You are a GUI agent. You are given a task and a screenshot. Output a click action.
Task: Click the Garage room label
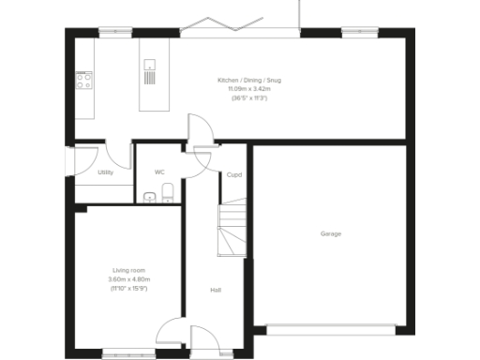(x=330, y=233)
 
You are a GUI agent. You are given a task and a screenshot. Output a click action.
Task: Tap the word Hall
(x=216, y=290)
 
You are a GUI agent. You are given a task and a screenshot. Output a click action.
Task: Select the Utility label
(x=105, y=172)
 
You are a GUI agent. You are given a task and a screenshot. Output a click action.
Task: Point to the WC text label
(x=159, y=172)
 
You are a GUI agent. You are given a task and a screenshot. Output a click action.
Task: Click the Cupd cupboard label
(x=234, y=174)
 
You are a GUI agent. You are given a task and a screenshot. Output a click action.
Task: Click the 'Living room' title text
(x=128, y=271)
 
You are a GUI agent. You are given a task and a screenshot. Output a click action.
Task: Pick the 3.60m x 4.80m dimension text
(x=128, y=279)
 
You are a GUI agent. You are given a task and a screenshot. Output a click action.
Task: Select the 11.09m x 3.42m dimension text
(x=249, y=89)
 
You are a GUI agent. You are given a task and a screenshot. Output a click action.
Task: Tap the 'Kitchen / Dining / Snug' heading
(x=249, y=81)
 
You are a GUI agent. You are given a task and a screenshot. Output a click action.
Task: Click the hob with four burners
(x=83, y=80)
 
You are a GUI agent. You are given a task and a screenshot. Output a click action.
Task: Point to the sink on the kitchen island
(x=150, y=67)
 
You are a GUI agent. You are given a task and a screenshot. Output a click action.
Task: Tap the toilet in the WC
(x=167, y=194)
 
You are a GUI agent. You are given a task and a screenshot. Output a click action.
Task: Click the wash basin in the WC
(x=150, y=197)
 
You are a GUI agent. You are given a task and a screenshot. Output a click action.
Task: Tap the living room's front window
(x=128, y=352)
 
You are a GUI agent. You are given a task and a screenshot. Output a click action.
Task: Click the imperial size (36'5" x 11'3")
(x=249, y=97)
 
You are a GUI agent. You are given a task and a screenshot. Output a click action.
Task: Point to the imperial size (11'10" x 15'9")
(x=128, y=288)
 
